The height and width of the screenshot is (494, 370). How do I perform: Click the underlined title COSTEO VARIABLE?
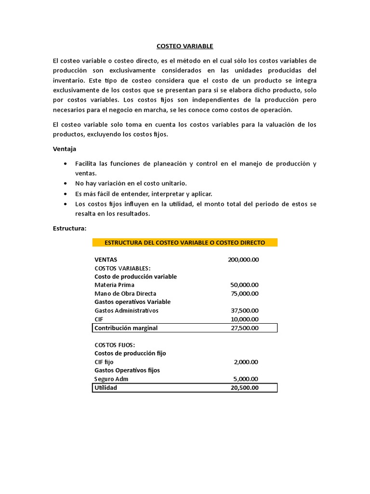point(185,46)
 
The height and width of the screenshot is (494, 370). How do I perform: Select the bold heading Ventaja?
point(64,149)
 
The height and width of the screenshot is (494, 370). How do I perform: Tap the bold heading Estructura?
point(69,228)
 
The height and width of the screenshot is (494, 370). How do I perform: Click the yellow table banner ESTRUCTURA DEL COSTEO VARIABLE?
point(185,242)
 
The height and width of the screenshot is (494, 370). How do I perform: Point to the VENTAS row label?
point(106,260)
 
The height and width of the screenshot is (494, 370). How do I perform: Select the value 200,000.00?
point(243,260)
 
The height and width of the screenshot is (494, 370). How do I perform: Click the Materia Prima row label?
point(114,285)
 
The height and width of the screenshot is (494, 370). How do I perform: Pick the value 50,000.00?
point(245,285)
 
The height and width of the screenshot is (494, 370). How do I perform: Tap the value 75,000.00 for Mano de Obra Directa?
point(245,293)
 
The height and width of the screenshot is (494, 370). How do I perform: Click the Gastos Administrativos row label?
point(126,310)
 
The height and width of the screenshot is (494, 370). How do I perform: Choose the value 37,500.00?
point(245,310)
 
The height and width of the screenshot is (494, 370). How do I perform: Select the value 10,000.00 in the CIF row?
point(245,319)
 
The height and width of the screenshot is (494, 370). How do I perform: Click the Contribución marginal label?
point(126,328)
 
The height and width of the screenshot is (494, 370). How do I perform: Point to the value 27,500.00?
point(245,328)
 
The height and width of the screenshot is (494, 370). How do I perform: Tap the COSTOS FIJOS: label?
point(115,345)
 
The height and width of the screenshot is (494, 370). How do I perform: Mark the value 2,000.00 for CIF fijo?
point(246,362)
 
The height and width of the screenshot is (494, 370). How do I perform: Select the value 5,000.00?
point(246,379)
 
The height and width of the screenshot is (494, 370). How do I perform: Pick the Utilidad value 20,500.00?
point(245,388)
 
